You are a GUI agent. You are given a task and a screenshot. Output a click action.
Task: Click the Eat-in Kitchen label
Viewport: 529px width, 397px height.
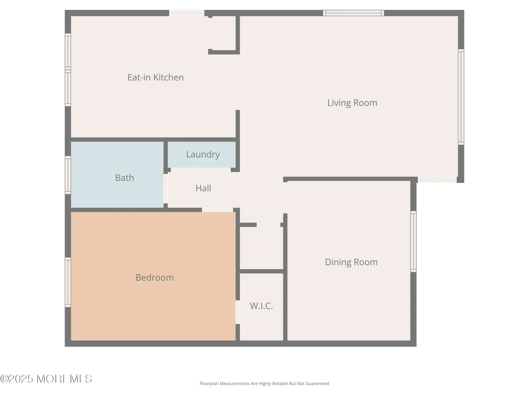[156, 77]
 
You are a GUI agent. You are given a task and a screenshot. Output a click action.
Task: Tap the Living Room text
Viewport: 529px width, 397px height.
[352, 103]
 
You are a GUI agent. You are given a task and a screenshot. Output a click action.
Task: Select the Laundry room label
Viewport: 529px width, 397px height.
[203, 154]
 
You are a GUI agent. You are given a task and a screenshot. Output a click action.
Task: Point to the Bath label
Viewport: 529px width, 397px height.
[124, 178]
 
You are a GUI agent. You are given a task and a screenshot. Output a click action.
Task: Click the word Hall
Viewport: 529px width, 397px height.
[203, 188]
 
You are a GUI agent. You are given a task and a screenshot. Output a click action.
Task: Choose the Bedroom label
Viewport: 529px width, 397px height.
[154, 277]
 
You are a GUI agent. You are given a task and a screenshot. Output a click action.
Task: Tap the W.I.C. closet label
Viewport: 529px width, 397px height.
[261, 306]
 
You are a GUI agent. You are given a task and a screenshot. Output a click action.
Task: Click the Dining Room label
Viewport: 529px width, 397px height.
[351, 262]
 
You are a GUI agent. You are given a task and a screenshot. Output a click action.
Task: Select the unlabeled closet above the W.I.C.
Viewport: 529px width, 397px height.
[261, 248]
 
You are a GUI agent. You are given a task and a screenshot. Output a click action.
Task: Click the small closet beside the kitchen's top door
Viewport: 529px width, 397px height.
[224, 33]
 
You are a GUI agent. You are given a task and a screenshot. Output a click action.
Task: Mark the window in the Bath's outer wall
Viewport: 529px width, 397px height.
[68, 175]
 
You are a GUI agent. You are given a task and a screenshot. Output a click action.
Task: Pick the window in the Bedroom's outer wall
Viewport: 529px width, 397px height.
[68, 282]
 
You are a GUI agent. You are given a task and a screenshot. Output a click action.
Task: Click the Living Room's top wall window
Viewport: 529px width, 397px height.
[353, 13]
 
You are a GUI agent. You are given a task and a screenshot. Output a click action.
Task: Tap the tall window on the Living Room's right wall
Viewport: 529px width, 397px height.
[461, 97]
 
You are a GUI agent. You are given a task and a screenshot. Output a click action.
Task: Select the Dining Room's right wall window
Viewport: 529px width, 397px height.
[413, 241]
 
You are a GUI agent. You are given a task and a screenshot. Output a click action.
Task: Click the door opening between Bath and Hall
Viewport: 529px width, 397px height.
[166, 188]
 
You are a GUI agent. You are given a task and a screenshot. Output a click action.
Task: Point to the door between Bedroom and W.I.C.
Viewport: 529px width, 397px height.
[238, 312]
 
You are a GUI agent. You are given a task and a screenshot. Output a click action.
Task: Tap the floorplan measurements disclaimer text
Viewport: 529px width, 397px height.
[264, 384]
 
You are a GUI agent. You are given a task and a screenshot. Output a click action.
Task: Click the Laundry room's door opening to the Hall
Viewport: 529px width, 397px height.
[200, 170]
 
